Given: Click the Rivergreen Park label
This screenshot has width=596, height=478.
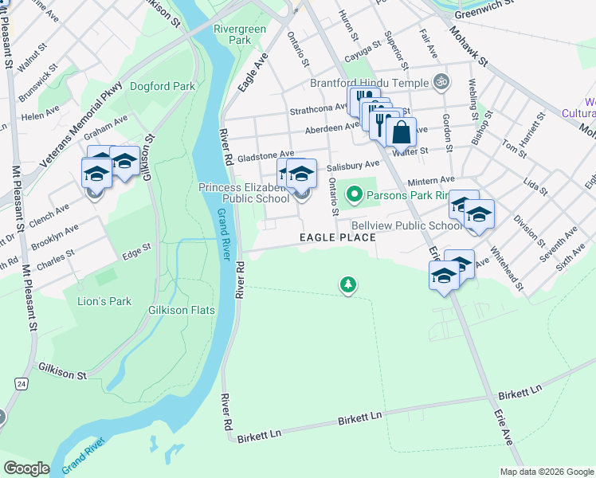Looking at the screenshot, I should coord(240,33).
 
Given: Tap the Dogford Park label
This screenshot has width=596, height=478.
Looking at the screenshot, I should coord(163,85).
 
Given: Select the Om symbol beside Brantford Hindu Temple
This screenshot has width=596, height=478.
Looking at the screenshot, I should coord(441,81).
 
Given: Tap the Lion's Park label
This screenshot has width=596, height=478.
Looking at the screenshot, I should coord(104,301).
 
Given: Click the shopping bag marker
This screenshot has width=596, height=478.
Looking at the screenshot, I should coord(402,131).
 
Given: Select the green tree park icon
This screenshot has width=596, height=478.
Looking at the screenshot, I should coord(347,284).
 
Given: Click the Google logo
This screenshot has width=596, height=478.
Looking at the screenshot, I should coord(26,468).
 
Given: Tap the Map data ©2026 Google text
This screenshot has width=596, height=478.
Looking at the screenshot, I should coord(546,472).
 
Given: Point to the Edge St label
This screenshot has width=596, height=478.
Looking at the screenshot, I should coord(135,255).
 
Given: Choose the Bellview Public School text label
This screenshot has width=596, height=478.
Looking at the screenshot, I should coord(406,225).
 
